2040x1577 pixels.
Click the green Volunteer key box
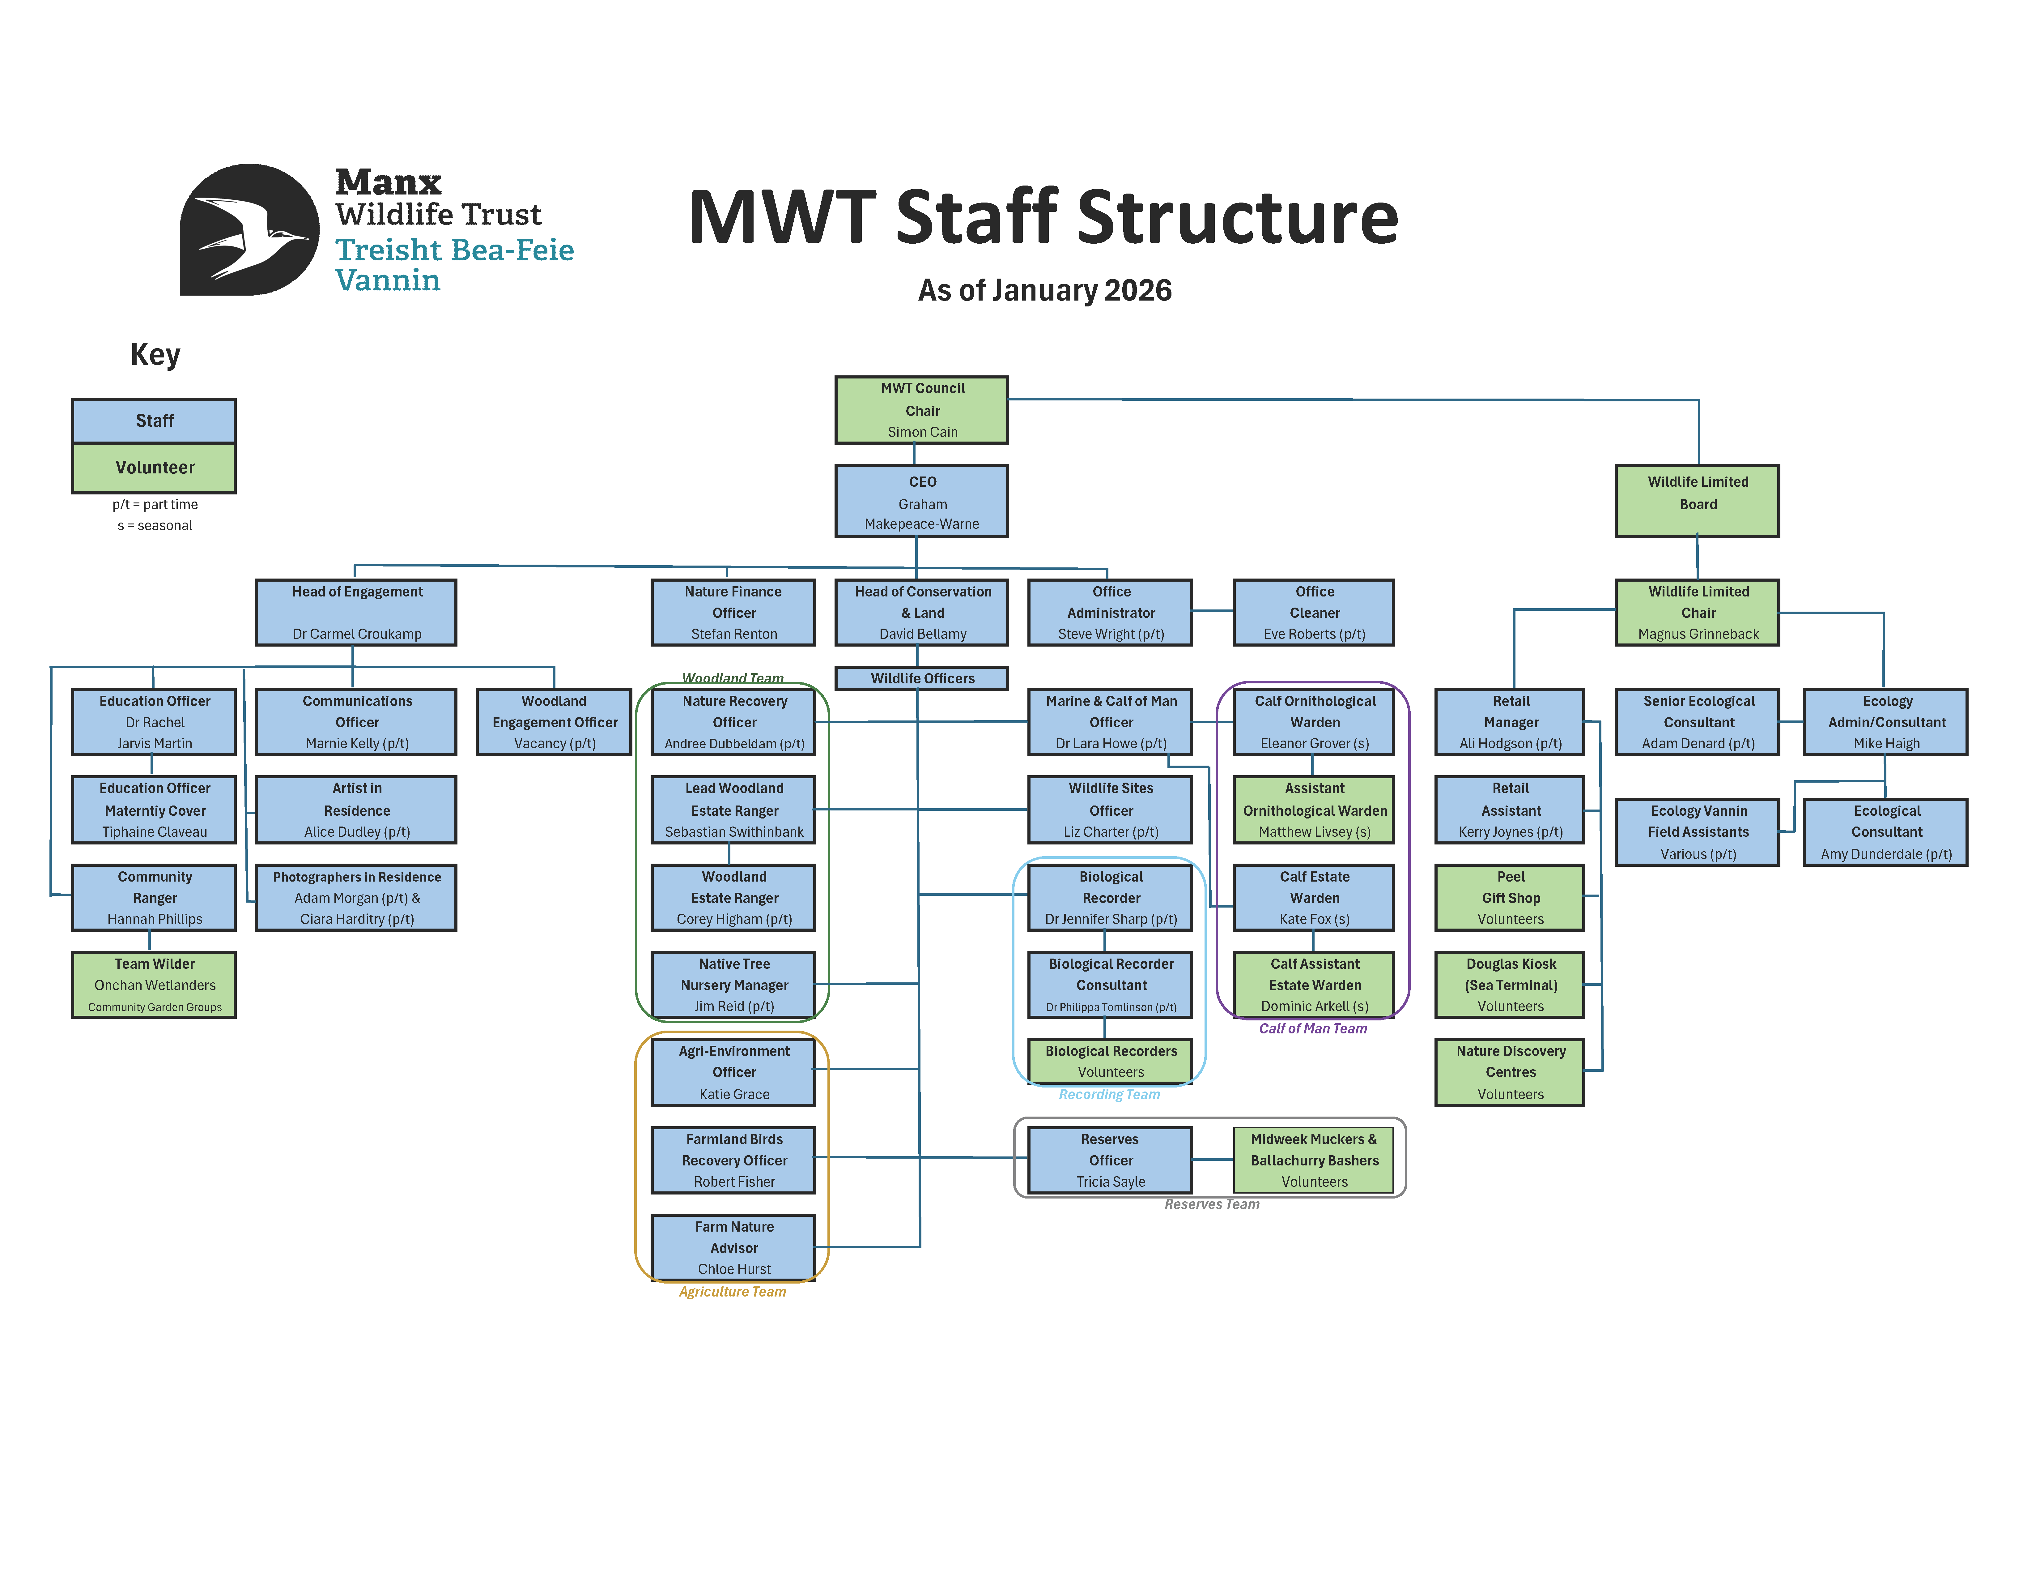click(x=154, y=467)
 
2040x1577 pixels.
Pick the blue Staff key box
click(x=154, y=421)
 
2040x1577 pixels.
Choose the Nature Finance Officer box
click(x=733, y=612)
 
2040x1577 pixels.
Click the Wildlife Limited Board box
click(x=1697, y=501)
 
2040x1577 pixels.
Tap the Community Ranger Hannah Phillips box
click(x=154, y=897)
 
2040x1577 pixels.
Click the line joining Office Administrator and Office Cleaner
click(x=1213, y=611)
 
